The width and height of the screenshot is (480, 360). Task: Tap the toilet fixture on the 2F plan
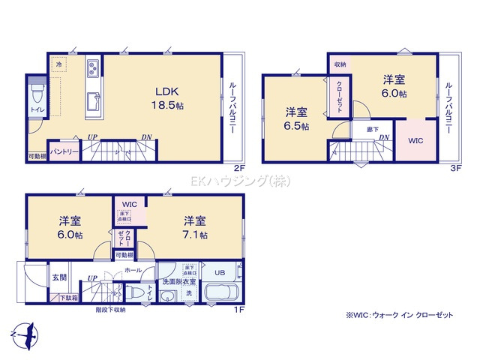(37, 96)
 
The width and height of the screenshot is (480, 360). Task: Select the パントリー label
(64, 151)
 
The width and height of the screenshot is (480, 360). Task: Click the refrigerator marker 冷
(59, 65)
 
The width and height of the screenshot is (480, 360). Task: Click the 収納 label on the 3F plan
(340, 65)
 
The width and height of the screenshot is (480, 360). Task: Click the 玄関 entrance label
(59, 277)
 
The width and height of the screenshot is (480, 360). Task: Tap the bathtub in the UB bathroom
(220, 293)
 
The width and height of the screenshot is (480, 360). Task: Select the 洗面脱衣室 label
(180, 280)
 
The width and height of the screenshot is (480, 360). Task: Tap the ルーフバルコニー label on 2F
(232, 107)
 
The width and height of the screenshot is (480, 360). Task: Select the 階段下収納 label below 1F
(110, 309)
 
